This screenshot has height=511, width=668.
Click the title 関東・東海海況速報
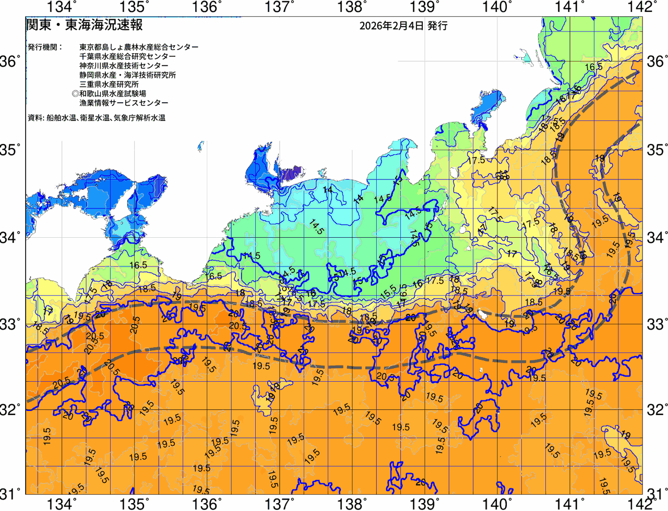coord(84,25)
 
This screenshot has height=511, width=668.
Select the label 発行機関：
coord(45,47)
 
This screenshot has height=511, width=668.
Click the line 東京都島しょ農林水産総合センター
coord(139,47)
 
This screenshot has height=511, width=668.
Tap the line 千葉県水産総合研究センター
coord(128,56)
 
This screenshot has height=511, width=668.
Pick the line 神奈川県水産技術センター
coord(124,66)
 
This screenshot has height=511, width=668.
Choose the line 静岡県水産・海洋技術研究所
coord(128,75)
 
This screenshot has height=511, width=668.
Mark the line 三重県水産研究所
coord(109,84)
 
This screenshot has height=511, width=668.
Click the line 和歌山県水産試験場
coord(113,94)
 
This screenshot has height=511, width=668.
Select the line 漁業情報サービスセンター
coord(124,103)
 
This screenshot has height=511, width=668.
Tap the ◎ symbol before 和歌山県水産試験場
coord(75,94)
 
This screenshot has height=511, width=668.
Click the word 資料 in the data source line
coord(35,118)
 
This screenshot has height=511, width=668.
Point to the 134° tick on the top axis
coord(62,7)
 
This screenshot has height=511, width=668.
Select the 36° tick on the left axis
coord(10,62)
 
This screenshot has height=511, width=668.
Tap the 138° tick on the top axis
coord(351,7)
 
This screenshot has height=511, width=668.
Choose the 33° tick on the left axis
coord(10,324)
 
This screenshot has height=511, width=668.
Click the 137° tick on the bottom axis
coord(279,504)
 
